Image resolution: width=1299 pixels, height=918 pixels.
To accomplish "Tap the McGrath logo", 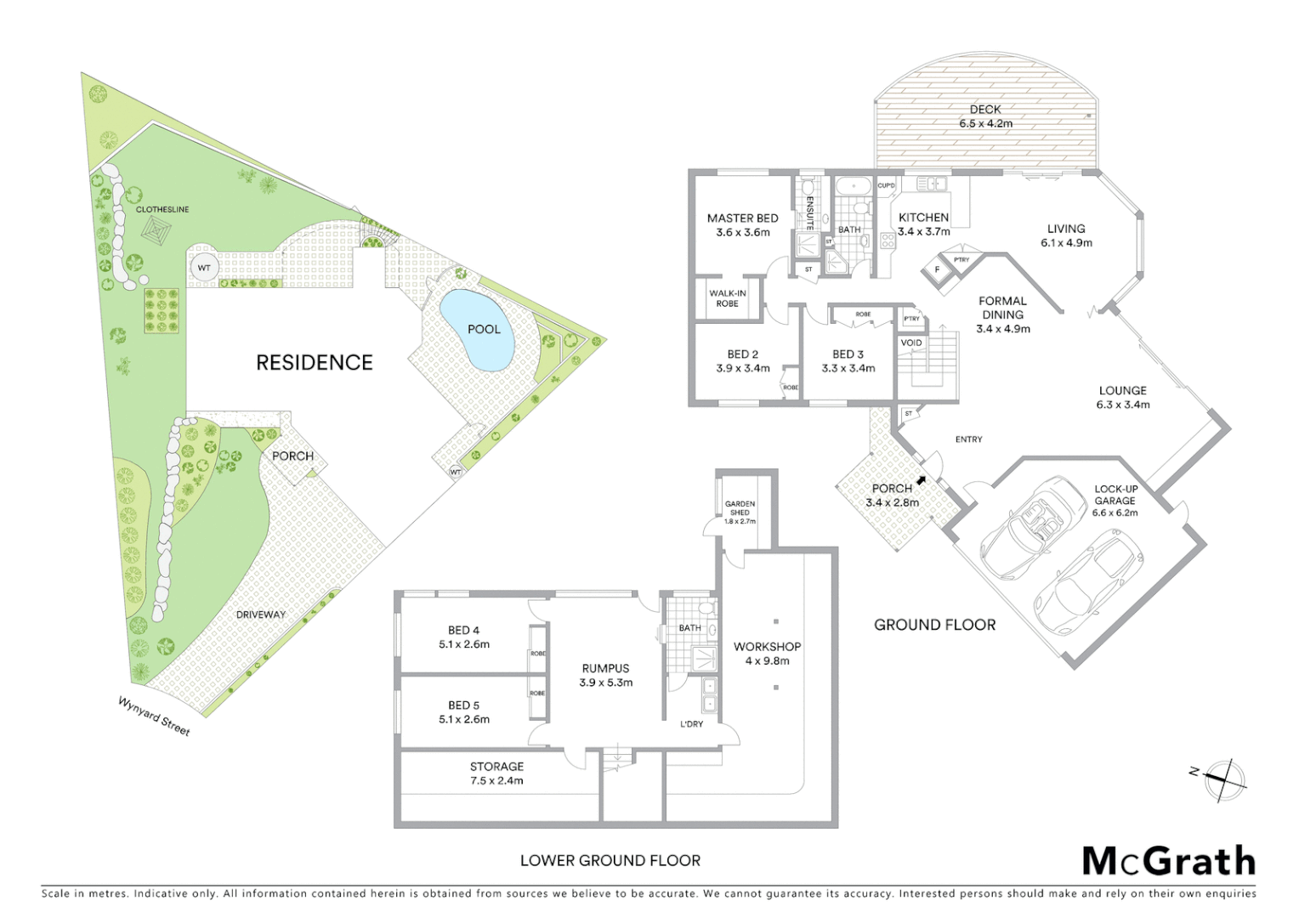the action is pyautogui.click(x=1169, y=861).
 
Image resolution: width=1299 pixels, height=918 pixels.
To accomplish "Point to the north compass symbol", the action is pyautogui.click(x=1225, y=779).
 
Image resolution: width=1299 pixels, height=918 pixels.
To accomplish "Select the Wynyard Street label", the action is pyautogui.click(x=154, y=716).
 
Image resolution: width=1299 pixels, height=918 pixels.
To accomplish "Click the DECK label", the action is pyautogui.click(x=985, y=110).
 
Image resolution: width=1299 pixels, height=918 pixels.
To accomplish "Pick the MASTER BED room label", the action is pyautogui.click(x=742, y=218).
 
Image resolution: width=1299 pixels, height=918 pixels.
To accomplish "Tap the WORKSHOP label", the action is pyautogui.click(x=767, y=647).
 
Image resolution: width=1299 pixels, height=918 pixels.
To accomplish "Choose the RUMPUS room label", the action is pyautogui.click(x=605, y=669).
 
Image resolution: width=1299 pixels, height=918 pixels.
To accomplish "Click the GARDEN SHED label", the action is pyautogui.click(x=740, y=507).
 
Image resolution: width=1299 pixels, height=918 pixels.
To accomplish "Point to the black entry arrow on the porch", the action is pyautogui.click(x=921, y=480).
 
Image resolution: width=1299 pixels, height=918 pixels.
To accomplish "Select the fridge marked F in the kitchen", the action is pyautogui.click(x=938, y=270).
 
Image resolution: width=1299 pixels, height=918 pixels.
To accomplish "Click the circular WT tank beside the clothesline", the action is pyautogui.click(x=204, y=268).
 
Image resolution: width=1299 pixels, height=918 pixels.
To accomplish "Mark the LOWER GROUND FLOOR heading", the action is pyautogui.click(x=610, y=860).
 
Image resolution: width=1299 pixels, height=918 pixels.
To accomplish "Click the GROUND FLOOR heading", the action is pyautogui.click(x=934, y=625).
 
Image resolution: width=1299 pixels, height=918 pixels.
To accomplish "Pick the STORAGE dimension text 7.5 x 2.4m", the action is pyautogui.click(x=496, y=780).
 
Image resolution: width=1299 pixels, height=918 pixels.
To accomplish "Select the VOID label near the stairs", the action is pyautogui.click(x=910, y=343).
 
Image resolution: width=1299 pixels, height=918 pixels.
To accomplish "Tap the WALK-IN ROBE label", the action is pyautogui.click(x=727, y=298).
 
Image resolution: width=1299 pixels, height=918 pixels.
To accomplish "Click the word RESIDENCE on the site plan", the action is pyautogui.click(x=315, y=363).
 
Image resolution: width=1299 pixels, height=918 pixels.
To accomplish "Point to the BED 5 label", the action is pyautogui.click(x=463, y=705).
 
